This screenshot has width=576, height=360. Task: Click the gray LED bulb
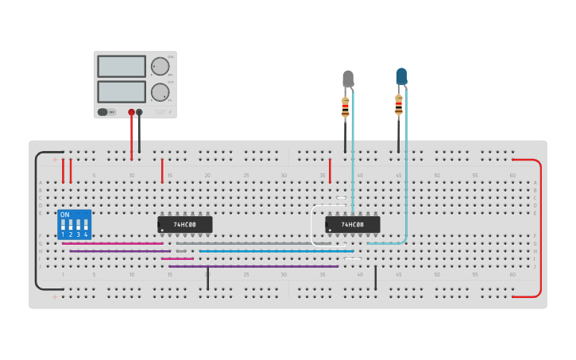[347, 78]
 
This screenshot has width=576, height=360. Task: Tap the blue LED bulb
[401, 75]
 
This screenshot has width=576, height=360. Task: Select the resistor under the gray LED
[345, 107]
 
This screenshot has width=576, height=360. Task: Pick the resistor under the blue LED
[399, 104]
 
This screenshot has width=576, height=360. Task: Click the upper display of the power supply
[122, 66]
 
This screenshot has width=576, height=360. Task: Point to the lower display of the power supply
[122, 91]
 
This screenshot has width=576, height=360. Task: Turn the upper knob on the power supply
[160, 66]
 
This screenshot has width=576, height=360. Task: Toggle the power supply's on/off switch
[102, 112]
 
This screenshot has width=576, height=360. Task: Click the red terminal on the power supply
[131, 112]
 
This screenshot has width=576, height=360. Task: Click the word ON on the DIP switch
[65, 215]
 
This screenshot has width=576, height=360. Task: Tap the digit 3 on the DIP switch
[78, 235]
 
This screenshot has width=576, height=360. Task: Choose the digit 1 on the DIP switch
[63, 235]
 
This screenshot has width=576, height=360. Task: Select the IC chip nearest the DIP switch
[184, 225]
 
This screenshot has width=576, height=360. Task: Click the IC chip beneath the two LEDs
[352, 225]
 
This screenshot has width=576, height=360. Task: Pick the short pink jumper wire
[177, 258]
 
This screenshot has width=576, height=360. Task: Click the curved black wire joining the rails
[37, 223]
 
